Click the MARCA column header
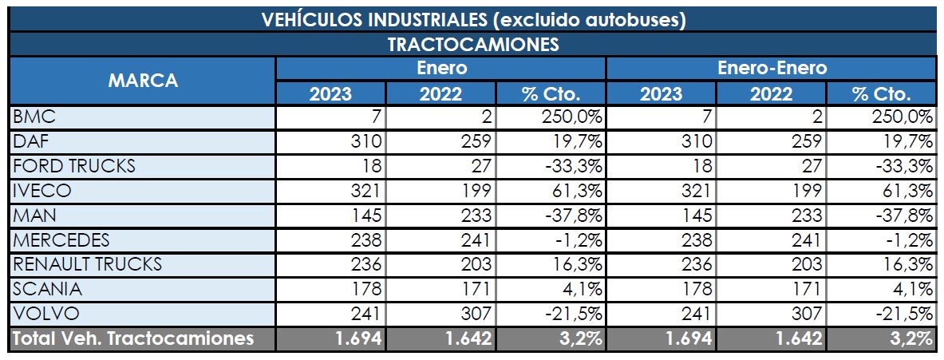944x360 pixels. pos(143,81)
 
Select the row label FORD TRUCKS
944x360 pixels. pos(74,167)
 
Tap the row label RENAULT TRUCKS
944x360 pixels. pos(87,264)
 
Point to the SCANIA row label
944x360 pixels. pos(47,289)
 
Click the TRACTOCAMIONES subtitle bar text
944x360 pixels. pos(473,44)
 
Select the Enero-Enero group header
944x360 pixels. pos(772,68)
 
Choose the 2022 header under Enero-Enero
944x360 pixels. pos(771,93)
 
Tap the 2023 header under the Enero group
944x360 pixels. pos(330,93)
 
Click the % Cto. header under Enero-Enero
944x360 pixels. pos(881,93)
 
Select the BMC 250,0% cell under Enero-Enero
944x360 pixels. pos(903,118)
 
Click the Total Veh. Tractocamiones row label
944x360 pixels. pos(133,338)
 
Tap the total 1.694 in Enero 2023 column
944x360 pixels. pos(358,338)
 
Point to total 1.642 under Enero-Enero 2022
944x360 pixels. pos(797,338)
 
